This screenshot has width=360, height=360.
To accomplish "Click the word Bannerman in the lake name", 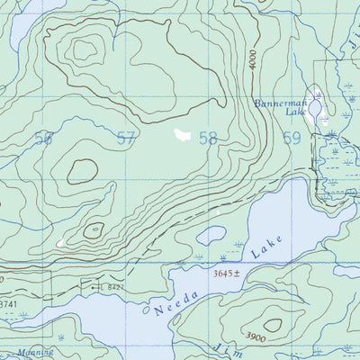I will coord(280,104).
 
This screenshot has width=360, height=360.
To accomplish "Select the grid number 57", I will coord(126,139).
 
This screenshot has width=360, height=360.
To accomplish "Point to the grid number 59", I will coord(291,139).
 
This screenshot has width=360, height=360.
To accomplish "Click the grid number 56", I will coord(42,139).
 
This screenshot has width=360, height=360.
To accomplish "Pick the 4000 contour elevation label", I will coord(255,61).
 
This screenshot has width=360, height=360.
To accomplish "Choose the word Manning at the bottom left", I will coord(32,351).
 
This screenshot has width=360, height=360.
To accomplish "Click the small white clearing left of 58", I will coord(182,135).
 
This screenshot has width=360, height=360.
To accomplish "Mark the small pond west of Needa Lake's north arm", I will coord(211,236).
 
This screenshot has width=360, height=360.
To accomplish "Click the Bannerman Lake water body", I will coord(313,107).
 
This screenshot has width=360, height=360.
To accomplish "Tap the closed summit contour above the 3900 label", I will coord(272,324).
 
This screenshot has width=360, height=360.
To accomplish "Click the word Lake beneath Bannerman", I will coord(298,114).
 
